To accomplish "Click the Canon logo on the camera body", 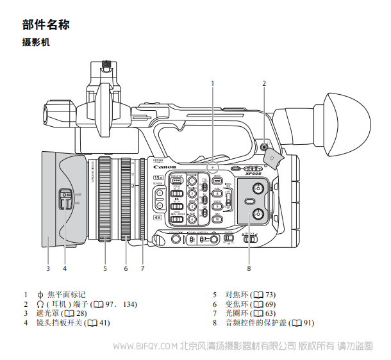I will click(165, 167).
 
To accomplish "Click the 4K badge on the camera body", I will click(158, 217).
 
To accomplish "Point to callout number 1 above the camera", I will click(213, 83).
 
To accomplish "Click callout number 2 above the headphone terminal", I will click(263, 83).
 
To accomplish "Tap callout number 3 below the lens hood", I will click(47, 268).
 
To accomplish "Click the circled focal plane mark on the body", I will click(213, 167).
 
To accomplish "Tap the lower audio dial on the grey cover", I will click(257, 213).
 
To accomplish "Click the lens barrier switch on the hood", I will click(64, 200).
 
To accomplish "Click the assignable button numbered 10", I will click(217, 219).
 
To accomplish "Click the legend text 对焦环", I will click(237, 295).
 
